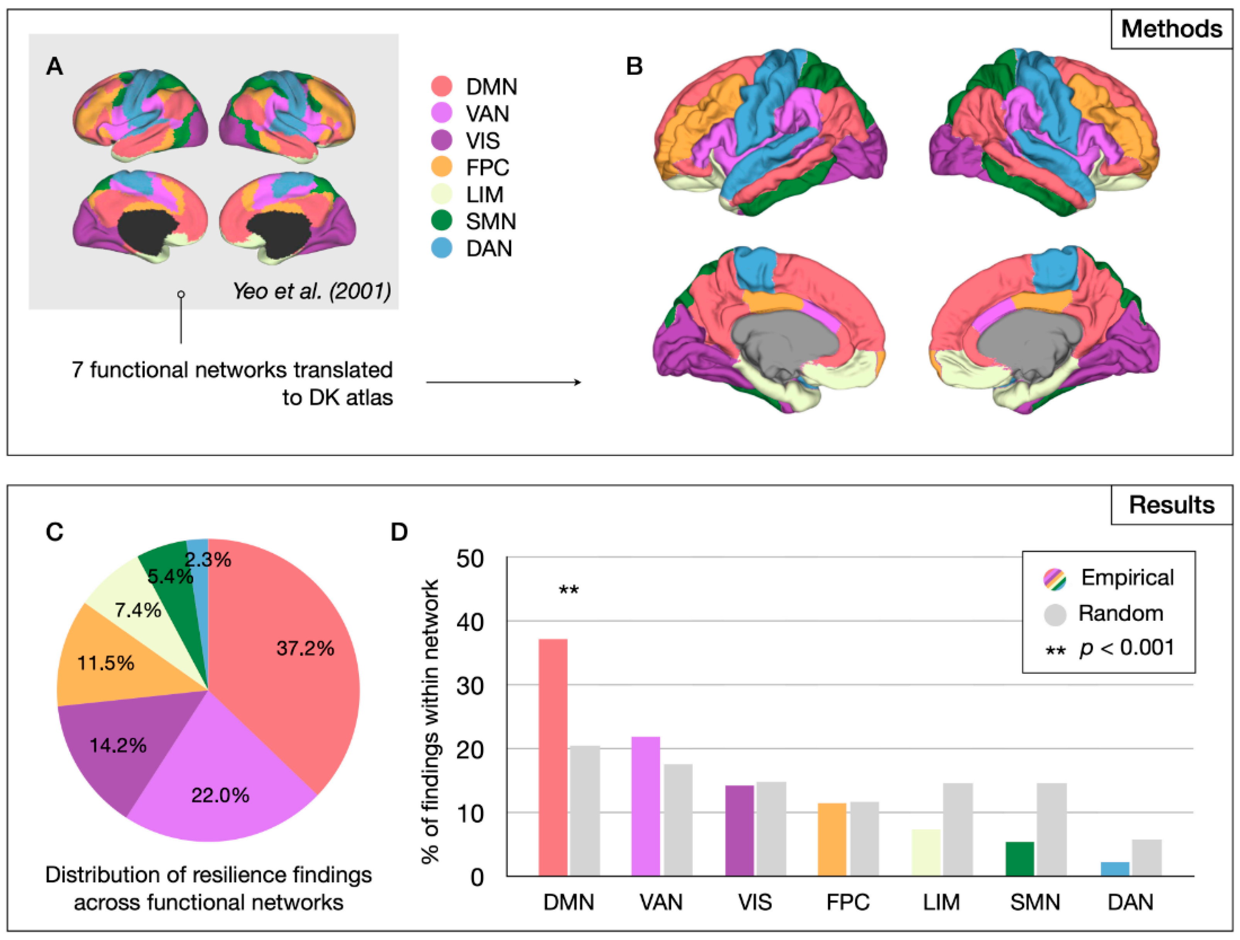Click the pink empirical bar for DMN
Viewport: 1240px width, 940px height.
click(553, 757)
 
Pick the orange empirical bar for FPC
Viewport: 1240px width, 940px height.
click(832, 839)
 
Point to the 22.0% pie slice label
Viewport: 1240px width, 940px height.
click(220, 795)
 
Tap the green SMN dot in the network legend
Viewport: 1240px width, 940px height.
click(442, 221)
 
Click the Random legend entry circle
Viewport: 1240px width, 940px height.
click(1055, 614)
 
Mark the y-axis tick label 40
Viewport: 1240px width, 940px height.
click(470, 622)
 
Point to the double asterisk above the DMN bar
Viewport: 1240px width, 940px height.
click(568, 590)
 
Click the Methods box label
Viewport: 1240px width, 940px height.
click(1171, 29)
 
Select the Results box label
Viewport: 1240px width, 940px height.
click(1171, 505)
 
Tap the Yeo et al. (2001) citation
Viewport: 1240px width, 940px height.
click(312, 291)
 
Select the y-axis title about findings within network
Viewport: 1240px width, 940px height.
click(430, 721)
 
